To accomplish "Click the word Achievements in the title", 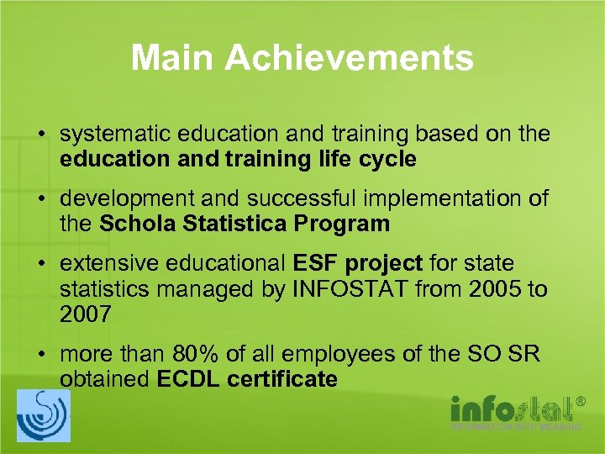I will click(x=351, y=58).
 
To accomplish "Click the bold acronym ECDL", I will click(x=188, y=380).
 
